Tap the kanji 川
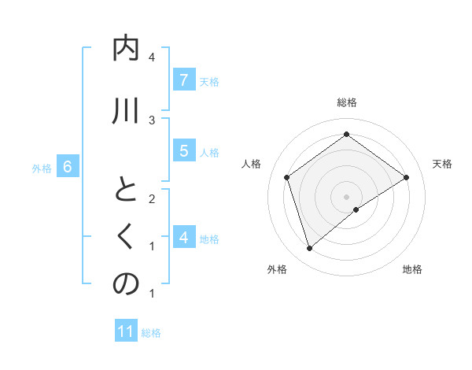[126, 111]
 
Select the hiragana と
[126, 191]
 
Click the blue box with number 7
[183, 80]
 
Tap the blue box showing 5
[183, 151]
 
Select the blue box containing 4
[183, 237]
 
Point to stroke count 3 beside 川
[152, 120]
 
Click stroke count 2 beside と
[152, 198]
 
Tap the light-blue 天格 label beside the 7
[209, 81]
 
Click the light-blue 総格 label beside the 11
[151, 332]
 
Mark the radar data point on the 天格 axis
[406, 177]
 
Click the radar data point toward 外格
[309, 249]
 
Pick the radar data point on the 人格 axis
[287, 177]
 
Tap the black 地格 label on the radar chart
[412, 269]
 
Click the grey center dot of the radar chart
[346, 196]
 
